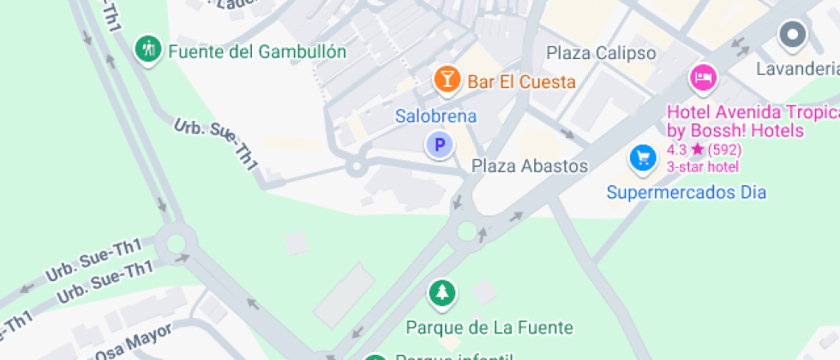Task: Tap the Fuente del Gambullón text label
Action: [x=257, y=52]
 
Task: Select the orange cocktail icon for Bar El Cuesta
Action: [x=446, y=80]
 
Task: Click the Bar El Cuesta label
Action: [x=521, y=82]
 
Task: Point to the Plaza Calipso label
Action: [x=601, y=53]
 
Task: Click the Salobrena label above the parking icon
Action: [x=435, y=116]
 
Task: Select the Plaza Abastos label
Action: [x=530, y=166]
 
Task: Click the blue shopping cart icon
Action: [x=642, y=158]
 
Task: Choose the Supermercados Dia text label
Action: [x=686, y=192]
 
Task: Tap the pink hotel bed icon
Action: [x=703, y=79]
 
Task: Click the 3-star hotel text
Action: [x=703, y=165]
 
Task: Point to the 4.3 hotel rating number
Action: [x=677, y=149]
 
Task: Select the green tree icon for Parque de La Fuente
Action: [x=442, y=294]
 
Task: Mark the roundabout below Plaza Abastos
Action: [x=467, y=231]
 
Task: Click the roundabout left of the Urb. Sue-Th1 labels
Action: [x=177, y=242]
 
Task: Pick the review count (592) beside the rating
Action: [x=724, y=149]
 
